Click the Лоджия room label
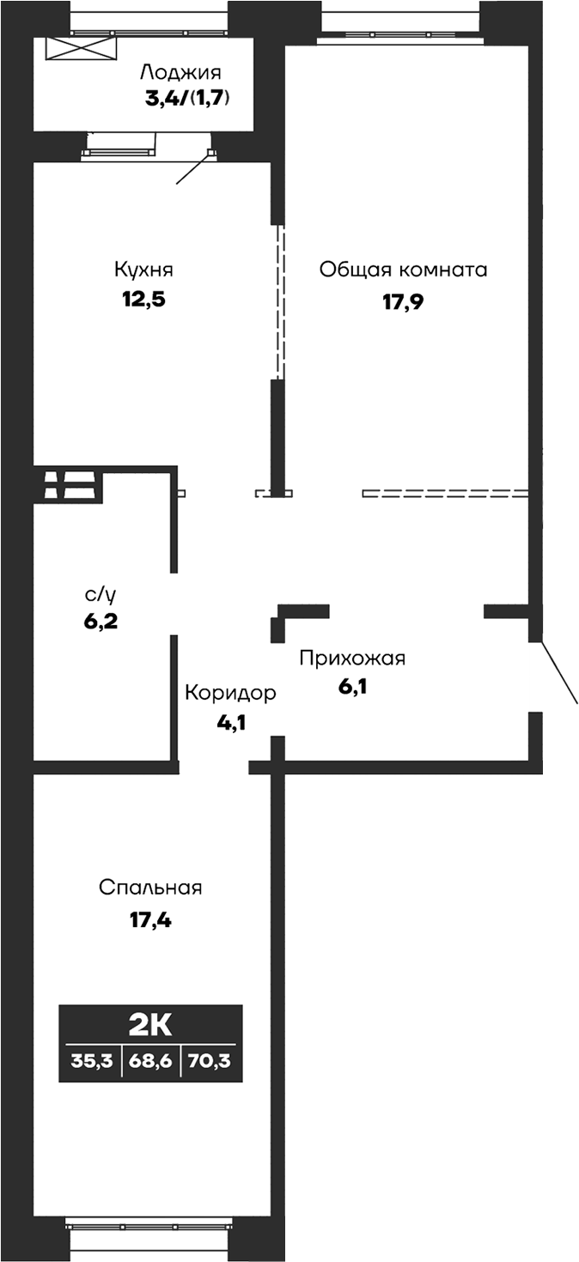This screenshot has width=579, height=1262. click(x=181, y=72)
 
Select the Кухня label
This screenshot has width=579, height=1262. click(x=143, y=270)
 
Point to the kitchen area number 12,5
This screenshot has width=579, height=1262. click(x=143, y=300)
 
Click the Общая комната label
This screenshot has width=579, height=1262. click(x=403, y=270)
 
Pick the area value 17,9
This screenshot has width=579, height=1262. click(x=404, y=301)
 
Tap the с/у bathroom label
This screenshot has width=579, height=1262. click(x=100, y=592)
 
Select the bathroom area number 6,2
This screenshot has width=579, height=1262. click(x=101, y=621)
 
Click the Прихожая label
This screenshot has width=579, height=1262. click(x=352, y=658)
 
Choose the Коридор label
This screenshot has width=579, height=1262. click(x=230, y=693)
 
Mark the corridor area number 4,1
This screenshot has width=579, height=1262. click(x=231, y=723)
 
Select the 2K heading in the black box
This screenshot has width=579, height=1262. click(x=150, y=1024)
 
